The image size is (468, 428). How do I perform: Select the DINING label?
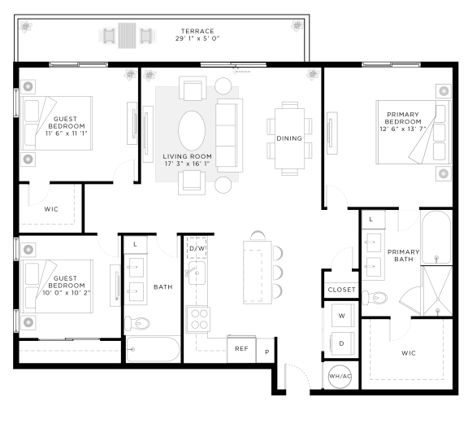tap(289, 138)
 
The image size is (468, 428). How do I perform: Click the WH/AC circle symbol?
tap(338, 376)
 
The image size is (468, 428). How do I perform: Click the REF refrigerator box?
tap(241, 348)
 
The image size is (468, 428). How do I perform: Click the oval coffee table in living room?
tap(192, 131)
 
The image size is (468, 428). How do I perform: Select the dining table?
tap(289, 138)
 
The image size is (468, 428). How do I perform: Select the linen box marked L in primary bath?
tap(371, 220)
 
